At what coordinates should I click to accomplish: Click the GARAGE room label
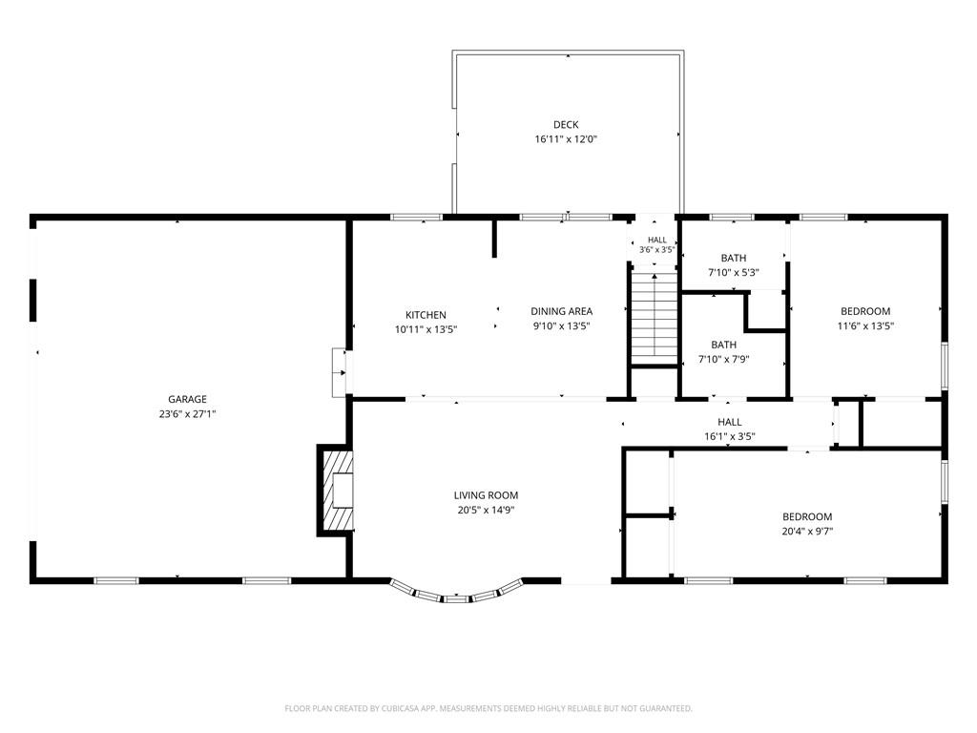point(187,399)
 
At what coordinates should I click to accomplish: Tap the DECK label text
point(566,125)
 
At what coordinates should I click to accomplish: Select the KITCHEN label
point(426,315)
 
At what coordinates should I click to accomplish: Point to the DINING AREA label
point(561,311)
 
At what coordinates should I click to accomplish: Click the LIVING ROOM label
point(486,495)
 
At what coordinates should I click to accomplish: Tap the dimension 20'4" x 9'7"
point(807,531)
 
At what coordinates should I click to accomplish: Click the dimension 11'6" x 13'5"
point(865,325)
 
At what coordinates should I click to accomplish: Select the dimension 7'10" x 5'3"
point(734,272)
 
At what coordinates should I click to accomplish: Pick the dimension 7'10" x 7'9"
point(723,359)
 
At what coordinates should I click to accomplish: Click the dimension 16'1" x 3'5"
point(730,436)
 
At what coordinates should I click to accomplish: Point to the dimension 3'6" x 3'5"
point(656,250)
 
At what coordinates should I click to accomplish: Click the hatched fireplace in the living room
point(337,490)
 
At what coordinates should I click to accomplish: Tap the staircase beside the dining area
point(655,316)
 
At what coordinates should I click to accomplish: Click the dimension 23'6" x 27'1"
point(187,414)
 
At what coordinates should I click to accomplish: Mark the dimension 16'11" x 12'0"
point(566,139)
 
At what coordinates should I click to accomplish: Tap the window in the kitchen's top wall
point(416,217)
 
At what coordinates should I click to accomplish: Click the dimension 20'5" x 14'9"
point(486,510)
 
